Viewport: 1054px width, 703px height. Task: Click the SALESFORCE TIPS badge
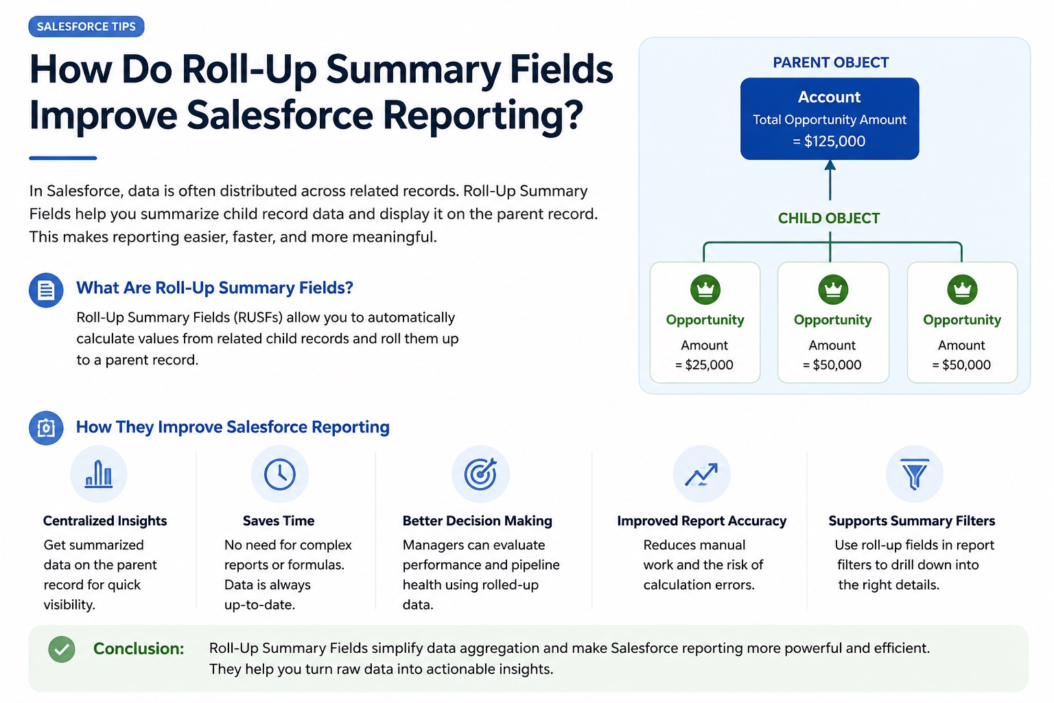pos(86,26)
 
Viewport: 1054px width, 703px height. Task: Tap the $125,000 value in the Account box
pos(834,141)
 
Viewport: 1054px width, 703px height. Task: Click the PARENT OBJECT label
pos(830,62)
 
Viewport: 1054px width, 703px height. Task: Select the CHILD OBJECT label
pos(829,218)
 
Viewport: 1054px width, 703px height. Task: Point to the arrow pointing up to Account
pos(830,180)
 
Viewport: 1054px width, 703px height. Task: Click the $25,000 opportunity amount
pos(709,365)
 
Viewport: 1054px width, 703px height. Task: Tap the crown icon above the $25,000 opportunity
pos(705,289)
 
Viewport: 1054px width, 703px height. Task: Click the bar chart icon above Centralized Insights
pos(98,474)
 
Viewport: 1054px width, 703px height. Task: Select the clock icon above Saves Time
pos(279,474)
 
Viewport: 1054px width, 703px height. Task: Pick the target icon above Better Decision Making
pos(480,474)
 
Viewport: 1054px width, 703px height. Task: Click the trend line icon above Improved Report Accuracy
pos(701,474)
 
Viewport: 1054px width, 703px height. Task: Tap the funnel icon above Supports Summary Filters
pos(914,474)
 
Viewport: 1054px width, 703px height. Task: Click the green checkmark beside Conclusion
pos(62,649)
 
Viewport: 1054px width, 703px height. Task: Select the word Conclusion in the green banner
pos(139,649)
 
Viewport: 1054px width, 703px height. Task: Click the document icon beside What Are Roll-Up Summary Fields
pos(46,290)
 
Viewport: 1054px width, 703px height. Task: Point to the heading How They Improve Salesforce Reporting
pos(233,427)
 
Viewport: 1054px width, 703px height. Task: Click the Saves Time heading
pos(279,521)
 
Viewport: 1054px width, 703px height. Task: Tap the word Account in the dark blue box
pos(829,97)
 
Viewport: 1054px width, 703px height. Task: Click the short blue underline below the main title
pos(63,158)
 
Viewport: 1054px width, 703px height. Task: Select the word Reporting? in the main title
pos(483,115)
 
